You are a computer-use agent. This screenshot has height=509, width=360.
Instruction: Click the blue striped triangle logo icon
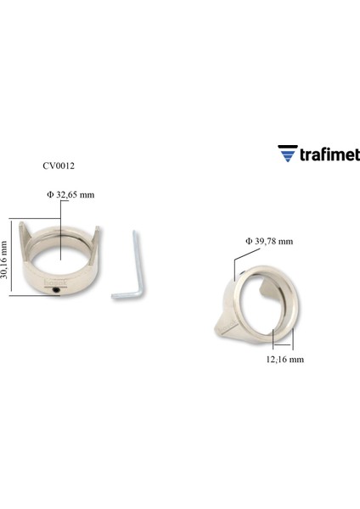[286, 154]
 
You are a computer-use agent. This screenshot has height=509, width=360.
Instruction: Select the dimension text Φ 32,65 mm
[70, 194]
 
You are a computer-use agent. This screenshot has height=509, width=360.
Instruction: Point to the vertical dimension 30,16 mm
[5, 260]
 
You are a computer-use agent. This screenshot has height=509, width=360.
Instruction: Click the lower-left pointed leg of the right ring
[217, 326]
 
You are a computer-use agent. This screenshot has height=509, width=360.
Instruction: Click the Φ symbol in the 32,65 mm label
[50, 194]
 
